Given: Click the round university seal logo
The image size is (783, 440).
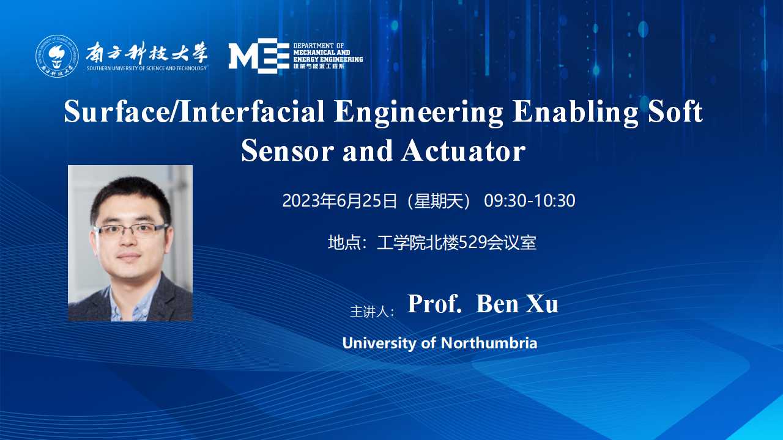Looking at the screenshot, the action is pos(57,56).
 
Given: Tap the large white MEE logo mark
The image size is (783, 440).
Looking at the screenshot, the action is pos(259,56).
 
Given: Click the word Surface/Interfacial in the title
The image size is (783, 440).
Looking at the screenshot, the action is pos(195,112).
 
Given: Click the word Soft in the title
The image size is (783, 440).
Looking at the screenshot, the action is pos(675,112).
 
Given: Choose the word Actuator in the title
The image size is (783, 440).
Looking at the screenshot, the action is pos(464,151).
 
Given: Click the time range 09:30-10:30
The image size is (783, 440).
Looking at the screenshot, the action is pos(529,201).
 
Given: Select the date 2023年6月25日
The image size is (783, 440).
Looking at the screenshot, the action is pos(340,201).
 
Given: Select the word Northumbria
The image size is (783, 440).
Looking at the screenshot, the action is pos(489,343).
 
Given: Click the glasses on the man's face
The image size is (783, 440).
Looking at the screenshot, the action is pos(131,230).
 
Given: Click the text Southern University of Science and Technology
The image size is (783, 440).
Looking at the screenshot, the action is pos(147,68).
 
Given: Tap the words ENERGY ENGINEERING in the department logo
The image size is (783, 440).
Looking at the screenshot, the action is pos(328,59).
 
